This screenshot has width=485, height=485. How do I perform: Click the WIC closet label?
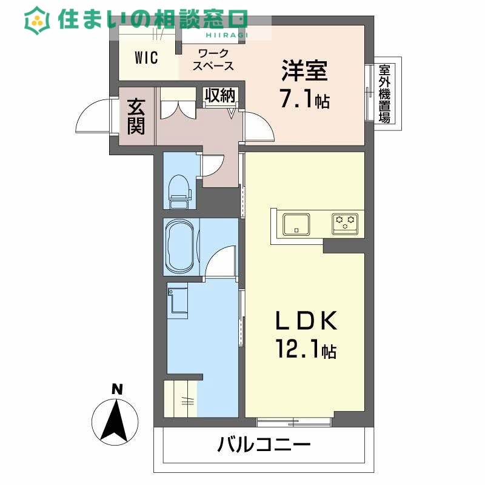(x=146, y=58)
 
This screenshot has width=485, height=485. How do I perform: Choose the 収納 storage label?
(x=219, y=95)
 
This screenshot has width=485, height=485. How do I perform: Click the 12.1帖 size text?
(x=306, y=350)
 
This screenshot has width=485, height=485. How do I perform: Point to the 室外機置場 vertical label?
(x=384, y=93)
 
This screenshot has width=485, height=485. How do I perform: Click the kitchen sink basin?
(x=296, y=223)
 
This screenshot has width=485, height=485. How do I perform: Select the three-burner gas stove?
(x=347, y=223)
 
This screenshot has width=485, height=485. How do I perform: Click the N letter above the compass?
(x=116, y=389)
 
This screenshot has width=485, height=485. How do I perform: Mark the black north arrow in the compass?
(x=116, y=419)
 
